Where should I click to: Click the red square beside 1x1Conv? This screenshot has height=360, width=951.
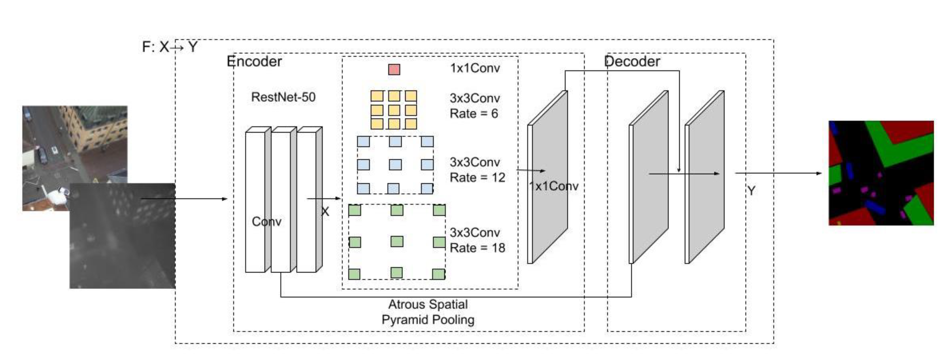394,69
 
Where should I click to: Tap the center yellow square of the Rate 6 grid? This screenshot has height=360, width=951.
394,110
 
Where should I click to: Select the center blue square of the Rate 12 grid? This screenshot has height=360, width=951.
395,164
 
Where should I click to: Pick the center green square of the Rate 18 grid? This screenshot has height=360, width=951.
397,242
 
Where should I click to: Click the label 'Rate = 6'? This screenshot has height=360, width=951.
474,114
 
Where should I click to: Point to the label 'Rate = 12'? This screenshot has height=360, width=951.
477,178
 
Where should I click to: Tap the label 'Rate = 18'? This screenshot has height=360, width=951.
477,248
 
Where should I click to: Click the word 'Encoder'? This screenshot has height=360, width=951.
254,61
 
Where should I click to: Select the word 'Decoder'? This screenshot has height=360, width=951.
632,61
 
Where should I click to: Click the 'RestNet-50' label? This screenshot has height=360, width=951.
283,97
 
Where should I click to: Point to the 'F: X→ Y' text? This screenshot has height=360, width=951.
170,47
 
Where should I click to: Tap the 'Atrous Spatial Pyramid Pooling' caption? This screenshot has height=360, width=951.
428,312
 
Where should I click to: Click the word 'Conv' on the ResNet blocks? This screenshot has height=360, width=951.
266,222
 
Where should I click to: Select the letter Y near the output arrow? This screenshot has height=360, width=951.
751,191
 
